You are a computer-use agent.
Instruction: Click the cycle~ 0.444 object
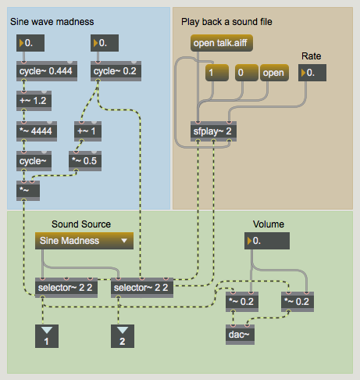click(x=44, y=72)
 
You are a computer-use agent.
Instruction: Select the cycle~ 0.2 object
click(x=116, y=72)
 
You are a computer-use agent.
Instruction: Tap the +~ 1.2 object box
click(x=34, y=101)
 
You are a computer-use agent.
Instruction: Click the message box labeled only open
click(x=273, y=73)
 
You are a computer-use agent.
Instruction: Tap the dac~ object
click(x=241, y=335)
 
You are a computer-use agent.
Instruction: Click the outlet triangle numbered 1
click(x=46, y=337)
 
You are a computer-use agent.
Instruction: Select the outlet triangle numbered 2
click(x=121, y=337)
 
